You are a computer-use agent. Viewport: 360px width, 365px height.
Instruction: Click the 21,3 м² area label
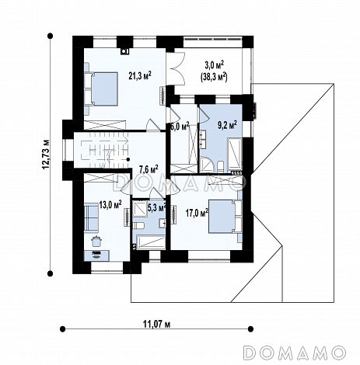pyautogui.click(x=140, y=75)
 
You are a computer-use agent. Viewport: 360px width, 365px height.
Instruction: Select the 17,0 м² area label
pyautogui.click(x=197, y=213)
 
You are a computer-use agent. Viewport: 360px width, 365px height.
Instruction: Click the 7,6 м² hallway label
pyautogui.click(x=149, y=169)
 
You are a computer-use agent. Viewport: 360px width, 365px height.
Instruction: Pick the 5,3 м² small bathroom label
pyautogui.click(x=156, y=207)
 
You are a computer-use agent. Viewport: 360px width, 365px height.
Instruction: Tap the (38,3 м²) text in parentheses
pyautogui.click(x=214, y=77)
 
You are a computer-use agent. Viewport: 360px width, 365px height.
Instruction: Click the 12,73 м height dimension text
pyautogui.click(x=46, y=155)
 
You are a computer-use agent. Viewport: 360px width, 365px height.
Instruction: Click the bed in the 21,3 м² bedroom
pyautogui.click(x=101, y=89)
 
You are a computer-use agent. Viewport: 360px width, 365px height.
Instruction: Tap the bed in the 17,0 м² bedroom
pyautogui.click(x=225, y=217)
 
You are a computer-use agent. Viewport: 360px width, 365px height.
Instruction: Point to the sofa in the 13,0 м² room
pyautogui.click(x=91, y=217)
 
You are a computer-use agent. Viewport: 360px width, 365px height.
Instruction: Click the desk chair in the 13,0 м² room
pyautogui.click(x=96, y=241)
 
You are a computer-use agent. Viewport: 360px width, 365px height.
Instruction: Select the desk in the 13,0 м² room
pyautogui.click(x=96, y=255)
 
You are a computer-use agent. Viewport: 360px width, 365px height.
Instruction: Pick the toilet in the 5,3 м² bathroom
pyautogui.click(x=138, y=225)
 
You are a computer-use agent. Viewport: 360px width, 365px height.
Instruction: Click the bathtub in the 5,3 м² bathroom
pyautogui.click(x=151, y=242)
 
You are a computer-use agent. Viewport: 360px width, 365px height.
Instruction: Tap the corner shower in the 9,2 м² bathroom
pyautogui.click(x=207, y=165)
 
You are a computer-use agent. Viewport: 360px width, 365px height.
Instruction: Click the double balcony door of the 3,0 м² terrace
pyautogui.click(x=178, y=68)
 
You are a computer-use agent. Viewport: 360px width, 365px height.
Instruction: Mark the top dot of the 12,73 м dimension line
pyautogui.click(x=51, y=36)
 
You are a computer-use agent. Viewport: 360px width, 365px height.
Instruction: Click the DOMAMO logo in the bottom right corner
pyautogui.click(x=295, y=353)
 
